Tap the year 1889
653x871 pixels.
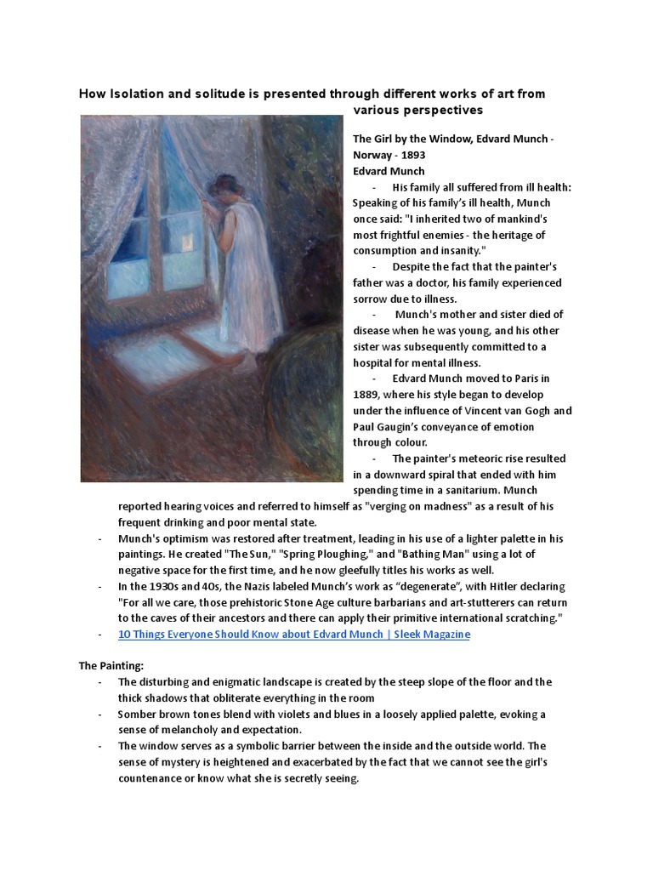(x=367, y=394)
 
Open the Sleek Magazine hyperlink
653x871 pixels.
(x=293, y=635)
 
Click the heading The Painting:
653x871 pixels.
(x=113, y=666)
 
